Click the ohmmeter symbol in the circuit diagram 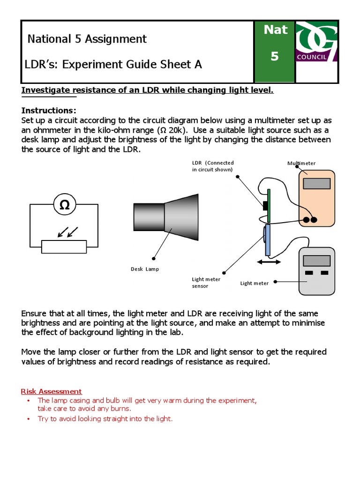[65, 204]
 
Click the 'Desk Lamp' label [144, 269]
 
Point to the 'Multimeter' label [301, 164]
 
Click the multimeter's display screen [316, 183]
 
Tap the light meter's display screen [316, 261]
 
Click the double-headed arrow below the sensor [269, 262]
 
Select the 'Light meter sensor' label [206, 283]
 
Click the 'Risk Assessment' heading [52, 391]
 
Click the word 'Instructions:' [49, 111]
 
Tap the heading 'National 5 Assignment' [87, 39]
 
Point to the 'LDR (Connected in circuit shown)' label [212, 166]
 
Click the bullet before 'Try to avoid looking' [28, 419]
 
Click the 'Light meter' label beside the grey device [255, 283]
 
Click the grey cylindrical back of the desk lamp [149, 217]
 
